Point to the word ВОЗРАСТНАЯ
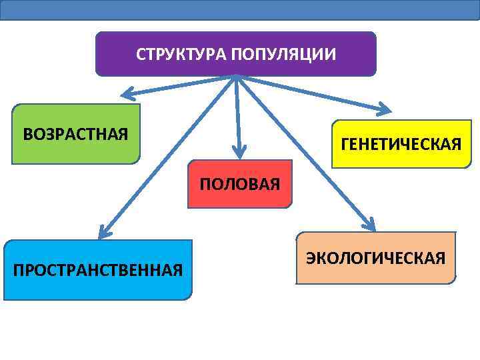pyautogui.click(x=76, y=134)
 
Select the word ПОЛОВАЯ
pyautogui.click(x=240, y=184)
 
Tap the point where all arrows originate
pyautogui.click(x=236, y=76)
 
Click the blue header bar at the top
pyautogui.click(x=240, y=9)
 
